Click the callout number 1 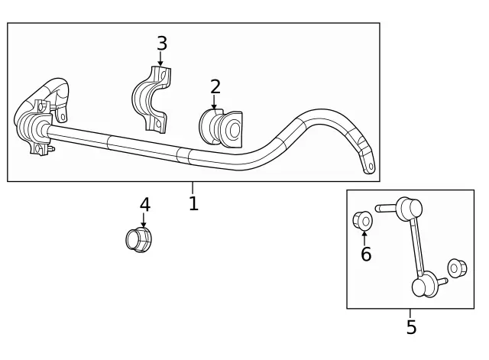click(x=193, y=203)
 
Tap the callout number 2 click(x=215, y=87)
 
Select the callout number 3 click(x=161, y=44)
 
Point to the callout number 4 click(x=144, y=205)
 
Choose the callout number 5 click(x=411, y=328)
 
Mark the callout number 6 click(x=366, y=255)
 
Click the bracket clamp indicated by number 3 click(x=153, y=99)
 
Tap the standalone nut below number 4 click(x=137, y=240)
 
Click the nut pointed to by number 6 click(x=363, y=221)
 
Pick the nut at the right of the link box click(x=457, y=268)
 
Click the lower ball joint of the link click(x=423, y=287)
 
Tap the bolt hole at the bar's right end click(x=371, y=164)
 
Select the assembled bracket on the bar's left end click(x=38, y=118)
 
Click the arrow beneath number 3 click(x=160, y=59)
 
